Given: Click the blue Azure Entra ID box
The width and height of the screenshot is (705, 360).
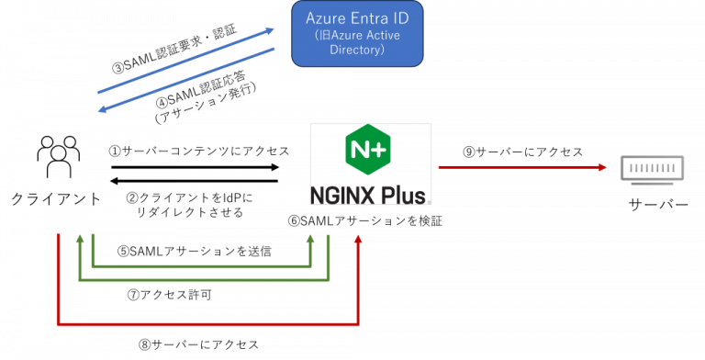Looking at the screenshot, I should coord(357,34).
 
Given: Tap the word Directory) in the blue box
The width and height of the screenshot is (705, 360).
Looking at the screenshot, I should coord(357,51).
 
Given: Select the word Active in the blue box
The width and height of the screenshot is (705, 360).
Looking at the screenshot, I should coord(384,35).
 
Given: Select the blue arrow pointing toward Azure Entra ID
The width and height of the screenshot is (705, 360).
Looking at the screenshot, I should coord(184,61).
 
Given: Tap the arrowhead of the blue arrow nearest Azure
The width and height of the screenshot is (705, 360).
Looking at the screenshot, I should coord(270,30).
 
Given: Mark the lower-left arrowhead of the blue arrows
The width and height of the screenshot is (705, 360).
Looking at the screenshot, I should coord(103,110).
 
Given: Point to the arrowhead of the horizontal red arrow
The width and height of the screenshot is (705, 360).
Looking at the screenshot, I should coord(603,167).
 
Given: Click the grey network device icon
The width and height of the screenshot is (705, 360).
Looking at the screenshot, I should coord(652,169).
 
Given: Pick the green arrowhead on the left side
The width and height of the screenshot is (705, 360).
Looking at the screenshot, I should coord(80,239).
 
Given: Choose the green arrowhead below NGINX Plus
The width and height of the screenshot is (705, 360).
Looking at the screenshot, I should coord(310,239).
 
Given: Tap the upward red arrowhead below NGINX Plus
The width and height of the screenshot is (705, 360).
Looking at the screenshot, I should coord(359,239).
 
